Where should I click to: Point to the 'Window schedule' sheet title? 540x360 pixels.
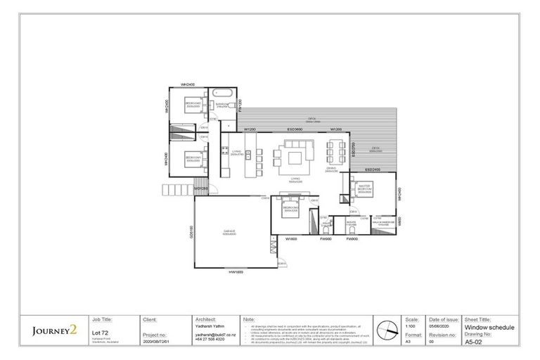click(x=491, y=327)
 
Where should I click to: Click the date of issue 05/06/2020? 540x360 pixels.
click(x=442, y=327)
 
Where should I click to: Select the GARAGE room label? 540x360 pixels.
click(x=230, y=231)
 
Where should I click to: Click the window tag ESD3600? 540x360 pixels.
click(x=295, y=130)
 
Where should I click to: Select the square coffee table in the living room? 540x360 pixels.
click(x=295, y=154)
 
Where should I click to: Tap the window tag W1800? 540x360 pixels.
click(x=292, y=240)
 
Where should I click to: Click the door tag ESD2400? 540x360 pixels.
click(x=373, y=170)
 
